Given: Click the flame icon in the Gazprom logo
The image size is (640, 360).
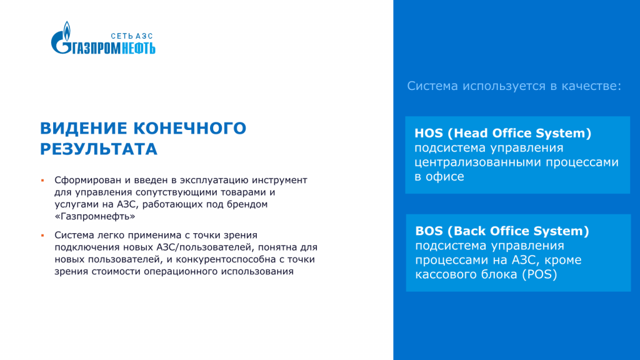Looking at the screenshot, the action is point(67,31).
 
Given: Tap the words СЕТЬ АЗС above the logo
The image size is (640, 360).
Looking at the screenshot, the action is point(131,36).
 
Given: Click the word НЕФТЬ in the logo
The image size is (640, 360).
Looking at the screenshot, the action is point(139,48).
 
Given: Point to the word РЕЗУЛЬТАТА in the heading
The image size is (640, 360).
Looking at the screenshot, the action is point(99,149).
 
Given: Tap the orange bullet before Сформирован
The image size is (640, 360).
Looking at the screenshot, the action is point(42,180).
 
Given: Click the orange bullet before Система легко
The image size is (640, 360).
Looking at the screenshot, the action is point(42,235).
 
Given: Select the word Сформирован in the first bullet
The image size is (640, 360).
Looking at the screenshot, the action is point(88,181).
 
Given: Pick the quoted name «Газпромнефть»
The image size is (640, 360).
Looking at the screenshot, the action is point(95,216).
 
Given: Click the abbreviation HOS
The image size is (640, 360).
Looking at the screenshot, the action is point(429,133).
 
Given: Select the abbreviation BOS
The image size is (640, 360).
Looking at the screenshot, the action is point(429,231).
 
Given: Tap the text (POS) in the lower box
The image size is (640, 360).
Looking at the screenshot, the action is point(540,274).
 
